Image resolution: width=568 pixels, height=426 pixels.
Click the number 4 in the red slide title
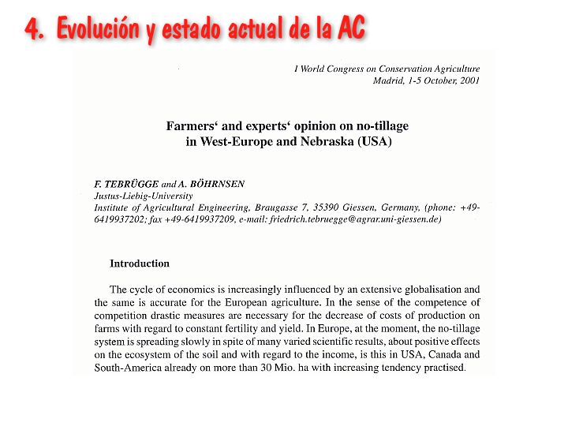click(32, 29)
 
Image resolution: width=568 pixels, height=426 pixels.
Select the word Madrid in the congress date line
click(389, 80)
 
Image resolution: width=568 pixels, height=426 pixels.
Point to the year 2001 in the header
click(465, 80)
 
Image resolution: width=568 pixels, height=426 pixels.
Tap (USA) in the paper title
click(374, 143)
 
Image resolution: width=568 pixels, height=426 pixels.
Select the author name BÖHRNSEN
click(217, 184)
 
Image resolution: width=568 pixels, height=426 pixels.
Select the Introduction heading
click(139, 263)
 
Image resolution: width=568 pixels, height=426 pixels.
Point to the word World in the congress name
click(319, 69)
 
